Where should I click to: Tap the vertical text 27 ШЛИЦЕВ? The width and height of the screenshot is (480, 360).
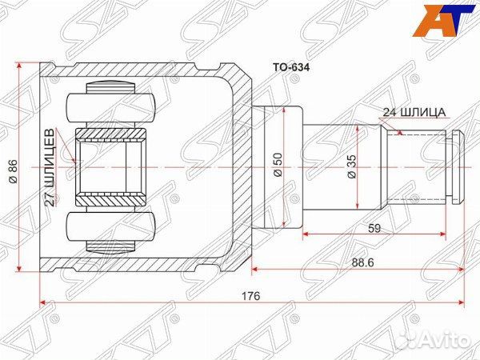click(x=50, y=166)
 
